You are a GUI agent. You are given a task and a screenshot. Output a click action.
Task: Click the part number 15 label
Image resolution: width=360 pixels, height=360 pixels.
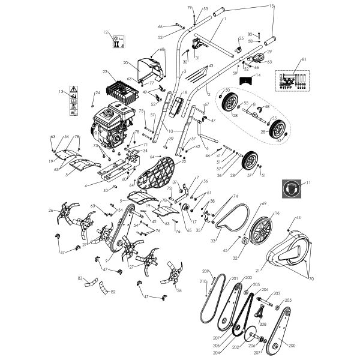coord(271,6)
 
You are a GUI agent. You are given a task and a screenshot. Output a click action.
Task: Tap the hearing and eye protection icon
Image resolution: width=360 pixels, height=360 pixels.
coord(292,188)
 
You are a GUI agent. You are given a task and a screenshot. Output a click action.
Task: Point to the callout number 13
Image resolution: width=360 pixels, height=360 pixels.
coord(61,92)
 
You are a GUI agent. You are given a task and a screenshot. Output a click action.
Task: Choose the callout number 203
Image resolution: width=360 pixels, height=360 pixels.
coord(277,295)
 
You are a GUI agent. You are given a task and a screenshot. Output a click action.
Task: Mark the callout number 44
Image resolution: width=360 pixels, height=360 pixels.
coord(298,218)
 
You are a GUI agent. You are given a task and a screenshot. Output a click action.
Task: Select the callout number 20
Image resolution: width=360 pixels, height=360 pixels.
coord(125,62)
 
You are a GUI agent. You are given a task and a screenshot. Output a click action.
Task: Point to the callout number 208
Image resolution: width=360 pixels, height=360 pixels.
coord(262,323)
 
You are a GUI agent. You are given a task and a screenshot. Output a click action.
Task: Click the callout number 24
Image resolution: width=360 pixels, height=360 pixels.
coord(98,93)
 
